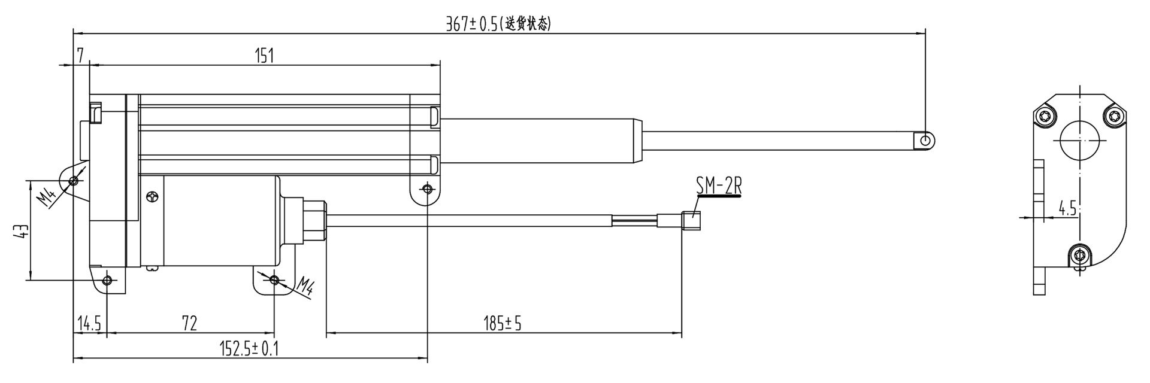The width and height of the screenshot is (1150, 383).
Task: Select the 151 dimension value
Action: (264, 56)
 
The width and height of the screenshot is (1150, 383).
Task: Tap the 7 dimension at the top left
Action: (80, 56)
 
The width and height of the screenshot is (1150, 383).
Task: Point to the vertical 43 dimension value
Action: (22, 231)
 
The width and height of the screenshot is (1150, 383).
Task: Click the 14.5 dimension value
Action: (89, 324)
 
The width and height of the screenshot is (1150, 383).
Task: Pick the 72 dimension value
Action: (189, 324)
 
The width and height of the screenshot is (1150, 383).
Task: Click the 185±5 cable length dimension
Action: (503, 324)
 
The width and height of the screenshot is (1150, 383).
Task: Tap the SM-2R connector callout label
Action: (719, 187)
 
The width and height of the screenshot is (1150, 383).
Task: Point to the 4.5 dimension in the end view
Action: (1067, 209)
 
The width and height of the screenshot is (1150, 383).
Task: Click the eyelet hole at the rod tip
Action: (926, 140)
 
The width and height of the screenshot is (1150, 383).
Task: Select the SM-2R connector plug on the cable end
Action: (692, 221)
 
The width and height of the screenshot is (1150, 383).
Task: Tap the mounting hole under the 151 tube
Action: (426, 189)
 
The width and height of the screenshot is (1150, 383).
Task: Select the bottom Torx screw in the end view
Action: (1080, 256)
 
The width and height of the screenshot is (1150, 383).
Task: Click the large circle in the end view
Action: (1080, 141)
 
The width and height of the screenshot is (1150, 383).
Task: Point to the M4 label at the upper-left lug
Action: (50, 196)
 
